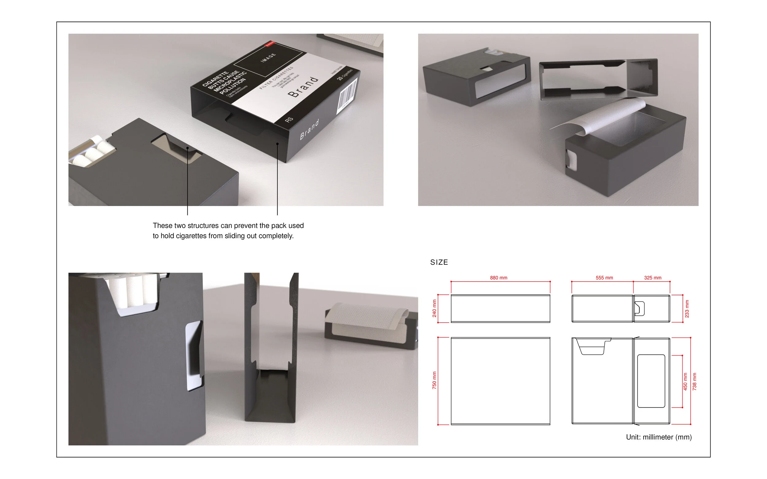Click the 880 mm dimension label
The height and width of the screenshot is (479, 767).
coord(498,278)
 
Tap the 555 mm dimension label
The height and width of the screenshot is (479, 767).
coord(604,278)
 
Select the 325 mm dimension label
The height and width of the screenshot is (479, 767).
coord(652,278)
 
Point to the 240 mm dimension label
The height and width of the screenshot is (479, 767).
coord(434,308)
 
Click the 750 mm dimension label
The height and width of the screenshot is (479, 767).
coord(434,380)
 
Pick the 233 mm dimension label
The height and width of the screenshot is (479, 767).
coord(687,308)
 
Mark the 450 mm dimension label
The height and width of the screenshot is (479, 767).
coord(685,381)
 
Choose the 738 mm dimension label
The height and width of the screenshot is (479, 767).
coord(694,381)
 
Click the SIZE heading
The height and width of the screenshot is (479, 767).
coord(439,262)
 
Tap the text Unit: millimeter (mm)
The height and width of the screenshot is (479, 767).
coord(659,437)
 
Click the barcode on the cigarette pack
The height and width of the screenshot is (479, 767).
coord(348,94)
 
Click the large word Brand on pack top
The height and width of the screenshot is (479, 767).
coord(303,87)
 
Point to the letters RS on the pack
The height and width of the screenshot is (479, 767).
coord(289,120)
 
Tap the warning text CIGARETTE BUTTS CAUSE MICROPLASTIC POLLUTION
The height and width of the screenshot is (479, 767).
coord(224,82)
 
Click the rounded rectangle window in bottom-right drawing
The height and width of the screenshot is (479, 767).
coord(651,381)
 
